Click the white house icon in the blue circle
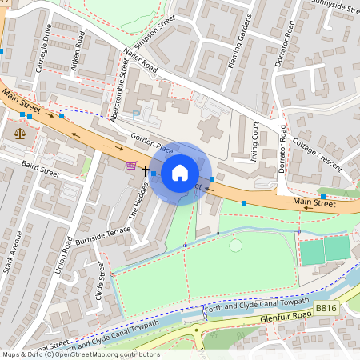pos(180,171)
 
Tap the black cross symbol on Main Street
pos(146,170)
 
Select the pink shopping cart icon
pos(131,166)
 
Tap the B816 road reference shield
pos(326,308)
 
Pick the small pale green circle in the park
pos(235,245)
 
